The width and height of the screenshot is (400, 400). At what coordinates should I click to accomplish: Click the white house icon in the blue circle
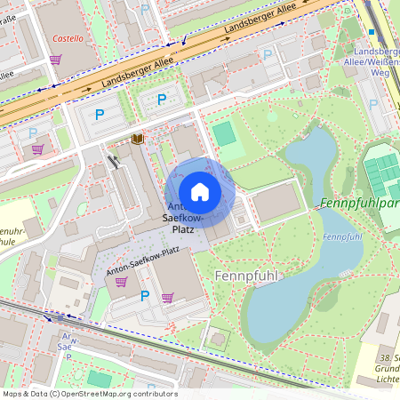pyautogui.click(x=199, y=191)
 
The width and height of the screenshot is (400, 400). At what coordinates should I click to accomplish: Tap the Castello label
pyautogui.click(x=68, y=39)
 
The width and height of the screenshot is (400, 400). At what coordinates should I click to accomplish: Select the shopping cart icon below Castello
pyautogui.click(x=55, y=60)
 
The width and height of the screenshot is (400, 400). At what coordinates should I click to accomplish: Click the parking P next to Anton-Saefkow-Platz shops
pyautogui.click(x=144, y=296)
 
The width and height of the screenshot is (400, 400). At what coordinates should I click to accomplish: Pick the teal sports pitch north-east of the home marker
pyautogui.click(x=224, y=133)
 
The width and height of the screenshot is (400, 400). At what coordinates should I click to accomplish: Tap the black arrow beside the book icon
pyautogui.click(x=113, y=161)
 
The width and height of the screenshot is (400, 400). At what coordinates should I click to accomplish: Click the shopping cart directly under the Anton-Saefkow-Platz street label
pyautogui.click(x=121, y=281)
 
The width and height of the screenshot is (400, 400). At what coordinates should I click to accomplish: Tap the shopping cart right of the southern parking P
pyautogui.click(x=167, y=298)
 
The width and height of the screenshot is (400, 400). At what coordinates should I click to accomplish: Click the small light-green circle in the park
pyautogui.click(x=272, y=115)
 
